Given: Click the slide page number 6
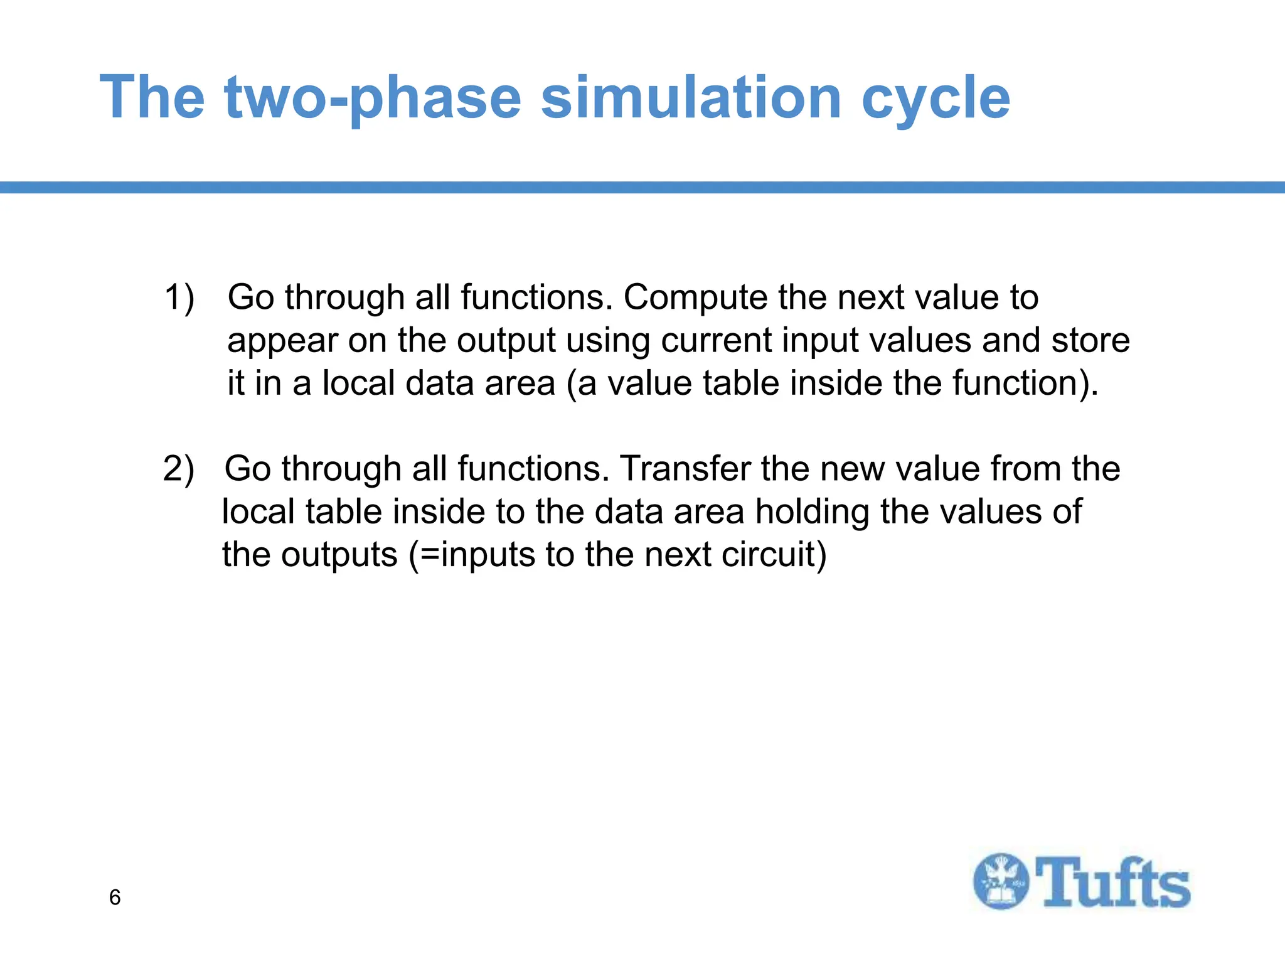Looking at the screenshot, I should pos(115,897).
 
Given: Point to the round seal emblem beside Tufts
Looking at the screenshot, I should pos(1001,881).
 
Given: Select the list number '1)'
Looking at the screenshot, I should pos(179,297).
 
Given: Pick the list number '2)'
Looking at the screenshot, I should pos(179,469).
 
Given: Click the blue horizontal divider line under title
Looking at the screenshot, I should pos(642,187).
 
